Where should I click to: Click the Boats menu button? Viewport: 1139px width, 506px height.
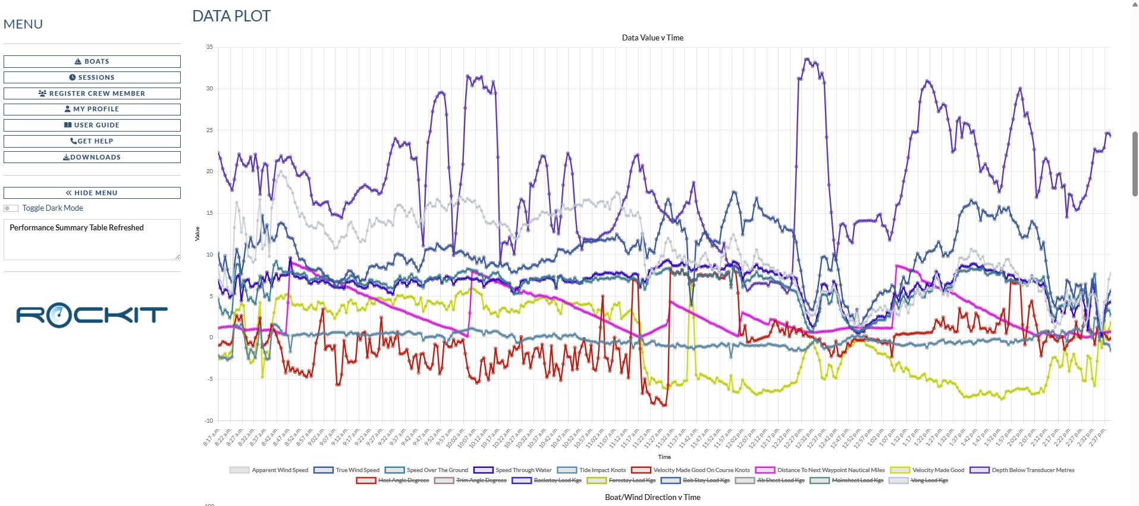tap(92, 61)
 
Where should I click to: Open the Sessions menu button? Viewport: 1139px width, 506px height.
tap(92, 77)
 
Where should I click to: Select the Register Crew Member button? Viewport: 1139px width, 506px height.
tap(92, 93)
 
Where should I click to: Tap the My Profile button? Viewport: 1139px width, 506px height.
tap(92, 109)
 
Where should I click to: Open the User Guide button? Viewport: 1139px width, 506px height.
tap(92, 125)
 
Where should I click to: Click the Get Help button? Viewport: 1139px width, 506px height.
tap(92, 141)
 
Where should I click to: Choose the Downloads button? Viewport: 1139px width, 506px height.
tap(92, 157)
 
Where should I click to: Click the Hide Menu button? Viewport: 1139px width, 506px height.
tap(92, 193)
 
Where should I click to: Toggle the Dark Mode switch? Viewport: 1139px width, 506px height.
tap(11, 208)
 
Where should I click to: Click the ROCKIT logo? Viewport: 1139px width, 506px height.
tap(92, 315)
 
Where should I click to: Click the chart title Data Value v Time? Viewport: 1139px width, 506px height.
tap(652, 38)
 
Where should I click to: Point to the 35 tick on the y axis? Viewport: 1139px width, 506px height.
tap(209, 47)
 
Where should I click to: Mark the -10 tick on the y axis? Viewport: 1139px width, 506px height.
tap(209, 420)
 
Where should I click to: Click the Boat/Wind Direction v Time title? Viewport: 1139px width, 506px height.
tap(652, 497)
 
